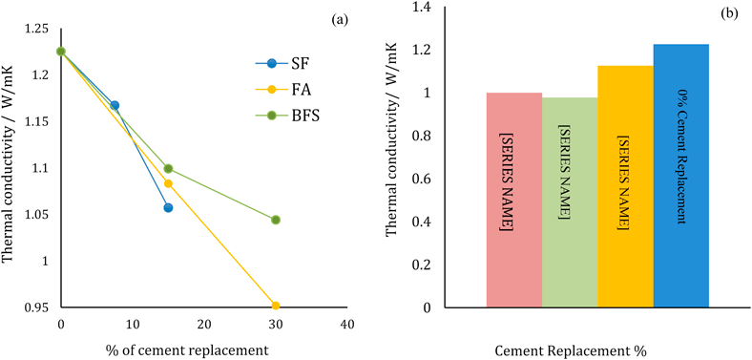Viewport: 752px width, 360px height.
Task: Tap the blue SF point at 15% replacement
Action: (168, 207)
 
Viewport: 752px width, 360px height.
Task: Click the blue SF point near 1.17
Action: (115, 105)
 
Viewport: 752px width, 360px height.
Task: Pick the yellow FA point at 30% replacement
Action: (276, 306)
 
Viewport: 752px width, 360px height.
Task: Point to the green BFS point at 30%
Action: (276, 220)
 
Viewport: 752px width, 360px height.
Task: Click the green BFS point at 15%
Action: (168, 169)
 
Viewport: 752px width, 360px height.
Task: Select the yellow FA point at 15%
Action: (168, 183)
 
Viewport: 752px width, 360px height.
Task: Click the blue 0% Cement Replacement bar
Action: (681, 176)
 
